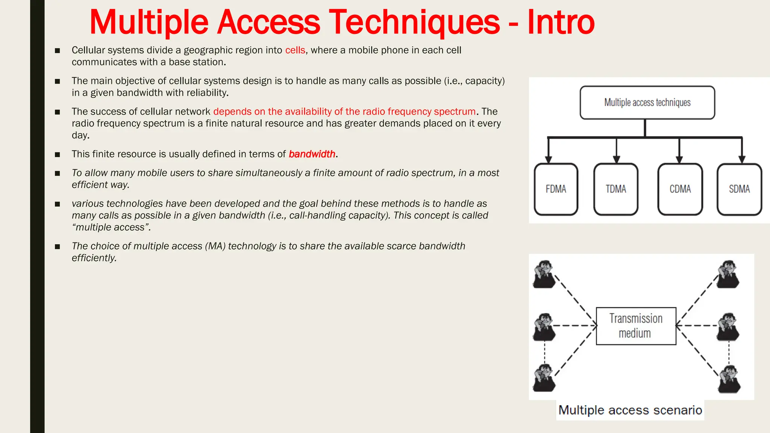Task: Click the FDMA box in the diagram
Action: coord(556,189)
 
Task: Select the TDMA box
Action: coord(616,189)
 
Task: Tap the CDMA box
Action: coord(680,189)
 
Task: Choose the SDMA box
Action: coord(739,189)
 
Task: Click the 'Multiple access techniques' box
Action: coord(647,103)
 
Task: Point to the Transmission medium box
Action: coord(636,326)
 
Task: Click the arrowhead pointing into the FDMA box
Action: coord(549,159)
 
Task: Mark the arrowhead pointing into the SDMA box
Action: coord(742,159)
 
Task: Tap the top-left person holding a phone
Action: coord(544,274)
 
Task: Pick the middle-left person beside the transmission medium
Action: coord(544,327)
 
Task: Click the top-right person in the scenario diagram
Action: coord(728,274)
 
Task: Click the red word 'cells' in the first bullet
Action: coord(295,50)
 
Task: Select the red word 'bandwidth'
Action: coord(312,154)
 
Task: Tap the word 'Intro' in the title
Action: coord(561,22)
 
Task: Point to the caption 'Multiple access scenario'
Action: coord(630,410)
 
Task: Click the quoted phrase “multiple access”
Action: coord(111,227)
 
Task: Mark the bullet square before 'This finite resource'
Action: coord(58,154)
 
